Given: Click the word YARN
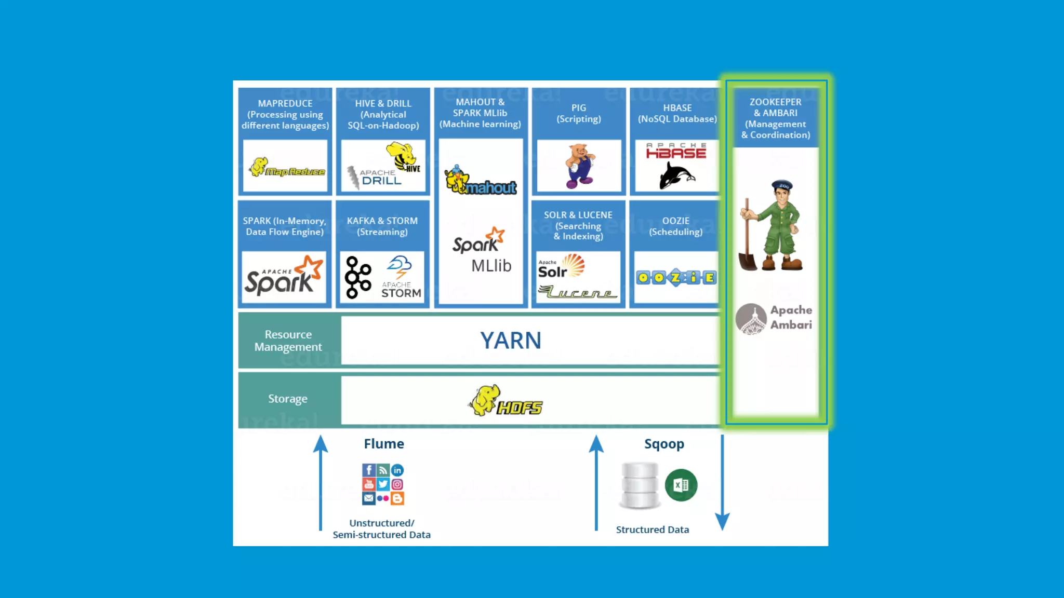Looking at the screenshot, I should coord(510,341).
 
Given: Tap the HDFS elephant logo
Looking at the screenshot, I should coord(505,401).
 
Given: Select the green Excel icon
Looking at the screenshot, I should coord(681,485).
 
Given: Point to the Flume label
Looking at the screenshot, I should coord(383,444).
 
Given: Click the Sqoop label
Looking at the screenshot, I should coord(663,444).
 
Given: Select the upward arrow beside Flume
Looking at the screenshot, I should coord(321,483).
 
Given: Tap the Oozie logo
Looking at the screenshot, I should coord(676,278).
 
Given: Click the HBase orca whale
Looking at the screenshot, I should coord(675,175).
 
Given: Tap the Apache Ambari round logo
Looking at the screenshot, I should coord(751,319).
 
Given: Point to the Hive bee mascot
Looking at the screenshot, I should coord(402,156).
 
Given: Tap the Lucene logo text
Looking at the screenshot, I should coord(578,293).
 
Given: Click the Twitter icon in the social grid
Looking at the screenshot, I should coord(383,484).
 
